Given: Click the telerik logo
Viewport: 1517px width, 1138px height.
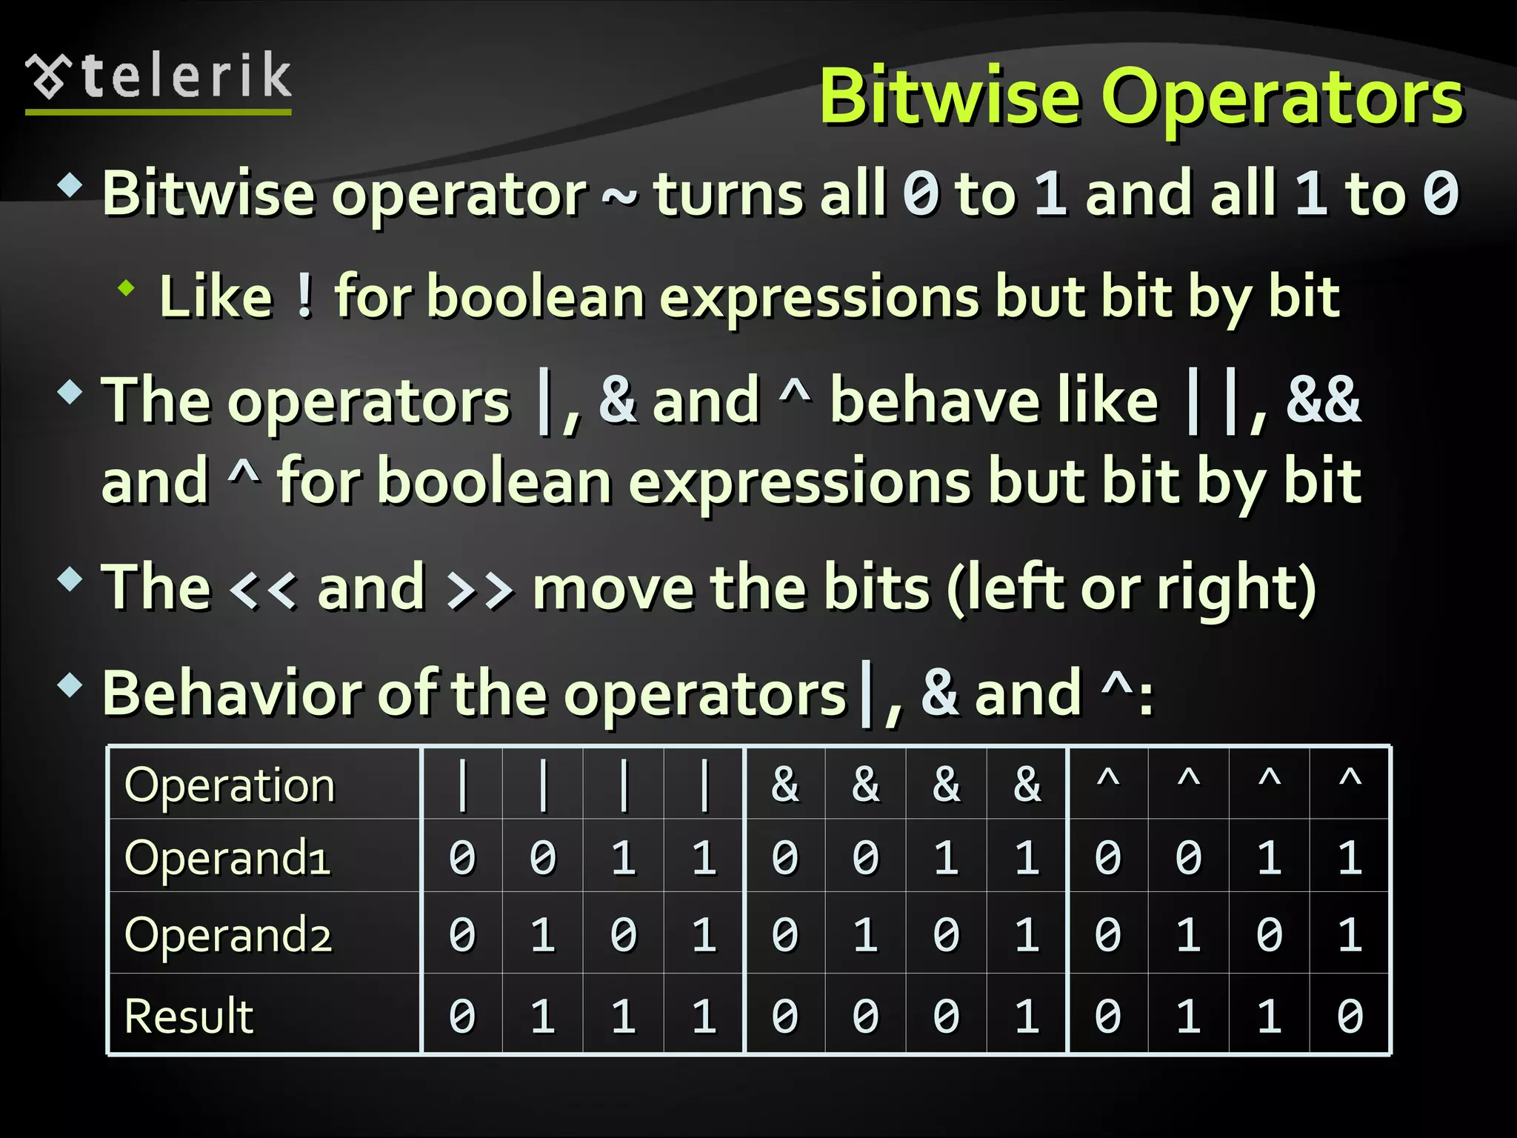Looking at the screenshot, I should tap(159, 79).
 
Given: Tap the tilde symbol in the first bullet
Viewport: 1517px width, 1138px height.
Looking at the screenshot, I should tap(619, 196).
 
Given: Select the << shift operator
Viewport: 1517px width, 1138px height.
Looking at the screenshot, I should tap(264, 590).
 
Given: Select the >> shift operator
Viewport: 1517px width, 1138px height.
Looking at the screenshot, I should tap(480, 590).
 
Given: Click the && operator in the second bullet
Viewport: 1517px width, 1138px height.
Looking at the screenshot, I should tap(1323, 400).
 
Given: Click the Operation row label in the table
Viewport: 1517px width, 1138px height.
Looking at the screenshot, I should tap(230, 785).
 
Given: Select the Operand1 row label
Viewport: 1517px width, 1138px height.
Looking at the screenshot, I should tap(227, 858).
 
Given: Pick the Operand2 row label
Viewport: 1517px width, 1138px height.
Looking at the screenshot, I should tap(227, 935).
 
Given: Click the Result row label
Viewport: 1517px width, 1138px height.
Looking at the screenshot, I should tap(189, 1016).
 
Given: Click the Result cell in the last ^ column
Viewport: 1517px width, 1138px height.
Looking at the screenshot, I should tap(1350, 1016).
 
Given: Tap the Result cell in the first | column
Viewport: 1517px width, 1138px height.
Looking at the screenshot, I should tap(462, 1016).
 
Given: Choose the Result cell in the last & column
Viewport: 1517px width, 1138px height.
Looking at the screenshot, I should tap(1027, 1016).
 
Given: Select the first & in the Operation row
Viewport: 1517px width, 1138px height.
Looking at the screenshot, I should tap(785, 784).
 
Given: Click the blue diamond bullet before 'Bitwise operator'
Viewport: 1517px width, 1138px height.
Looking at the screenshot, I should tap(70, 184).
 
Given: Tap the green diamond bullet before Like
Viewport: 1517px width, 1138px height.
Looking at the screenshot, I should tap(127, 288).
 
